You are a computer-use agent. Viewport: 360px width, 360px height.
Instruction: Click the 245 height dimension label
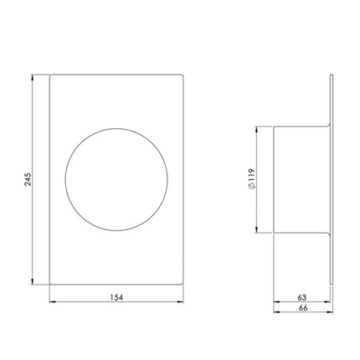click(x=28, y=179)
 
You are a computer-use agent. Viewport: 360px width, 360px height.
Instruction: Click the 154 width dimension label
click(x=116, y=297)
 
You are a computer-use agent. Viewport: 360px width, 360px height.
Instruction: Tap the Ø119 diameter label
click(x=251, y=179)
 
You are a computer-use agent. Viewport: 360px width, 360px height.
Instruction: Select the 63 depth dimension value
click(x=302, y=297)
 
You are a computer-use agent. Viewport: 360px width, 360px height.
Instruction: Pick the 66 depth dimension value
click(x=303, y=308)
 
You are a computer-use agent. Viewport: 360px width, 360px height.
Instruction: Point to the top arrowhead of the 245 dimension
click(x=33, y=77)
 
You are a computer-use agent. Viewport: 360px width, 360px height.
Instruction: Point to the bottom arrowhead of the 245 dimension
click(x=33, y=281)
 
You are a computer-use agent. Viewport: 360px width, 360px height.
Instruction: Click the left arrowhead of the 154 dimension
click(x=53, y=301)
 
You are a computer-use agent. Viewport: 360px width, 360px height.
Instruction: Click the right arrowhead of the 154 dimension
click(x=180, y=301)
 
